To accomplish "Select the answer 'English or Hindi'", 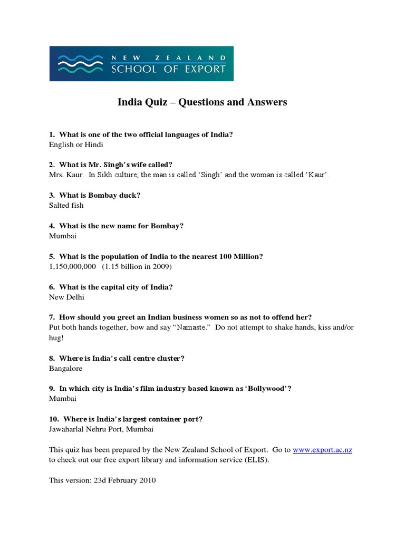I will (x=76, y=144).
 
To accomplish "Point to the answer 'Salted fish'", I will (x=66, y=205).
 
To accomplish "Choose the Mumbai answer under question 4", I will (x=63, y=236).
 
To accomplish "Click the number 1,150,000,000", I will (x=72, y=266).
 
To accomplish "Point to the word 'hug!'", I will (x=56, y=337).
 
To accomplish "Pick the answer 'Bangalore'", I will (x=65, y=369).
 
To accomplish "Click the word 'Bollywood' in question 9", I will (x=265, y=389).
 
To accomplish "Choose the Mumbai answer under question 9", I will (x=63, y=399).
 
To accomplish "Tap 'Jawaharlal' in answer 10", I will (x=67, y=429).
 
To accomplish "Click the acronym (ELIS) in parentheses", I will (x=254, y=460).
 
